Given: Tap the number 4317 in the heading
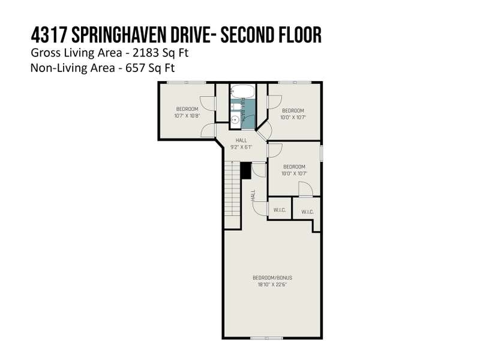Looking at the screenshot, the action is coord(49,35).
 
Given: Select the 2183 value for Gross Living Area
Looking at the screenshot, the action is coord(145,53).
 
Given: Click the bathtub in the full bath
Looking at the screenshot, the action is coord(242,91).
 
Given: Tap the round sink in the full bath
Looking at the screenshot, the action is coord(235,119).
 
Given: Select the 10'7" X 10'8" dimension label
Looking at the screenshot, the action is coord(187,116).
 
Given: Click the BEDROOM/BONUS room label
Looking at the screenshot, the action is coord(272,278).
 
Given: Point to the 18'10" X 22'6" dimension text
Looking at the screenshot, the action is coord(272,284).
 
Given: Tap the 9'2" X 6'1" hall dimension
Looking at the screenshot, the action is coord(241,147).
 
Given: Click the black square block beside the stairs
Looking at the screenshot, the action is coord(245,170).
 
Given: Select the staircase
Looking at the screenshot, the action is coord(232,194).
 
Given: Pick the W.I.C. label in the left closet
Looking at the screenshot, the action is coord(280,210).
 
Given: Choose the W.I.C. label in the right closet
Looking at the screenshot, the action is coord(307,212).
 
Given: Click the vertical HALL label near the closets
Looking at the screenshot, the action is coord(253,196).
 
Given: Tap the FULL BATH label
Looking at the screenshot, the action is coord(243,110).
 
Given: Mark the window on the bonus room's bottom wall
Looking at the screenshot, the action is coord(266,338).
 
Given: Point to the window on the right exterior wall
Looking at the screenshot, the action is coord(322,153).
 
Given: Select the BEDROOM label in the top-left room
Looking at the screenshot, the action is coord(187,109).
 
